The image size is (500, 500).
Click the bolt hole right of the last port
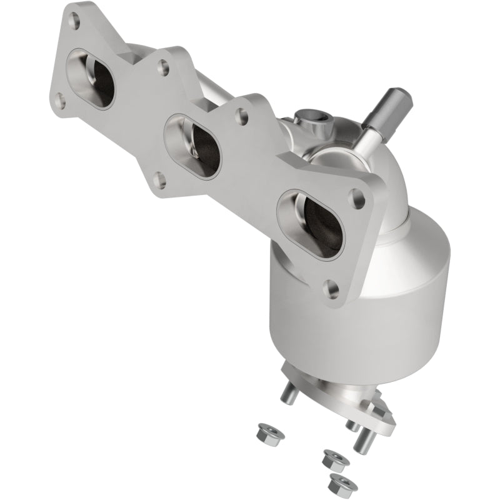(x=357, y=195)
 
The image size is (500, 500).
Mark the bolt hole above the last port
(x=239, y=113)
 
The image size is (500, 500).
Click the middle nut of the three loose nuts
(x=335, y=460)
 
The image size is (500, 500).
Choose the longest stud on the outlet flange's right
(x=364, y=441)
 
